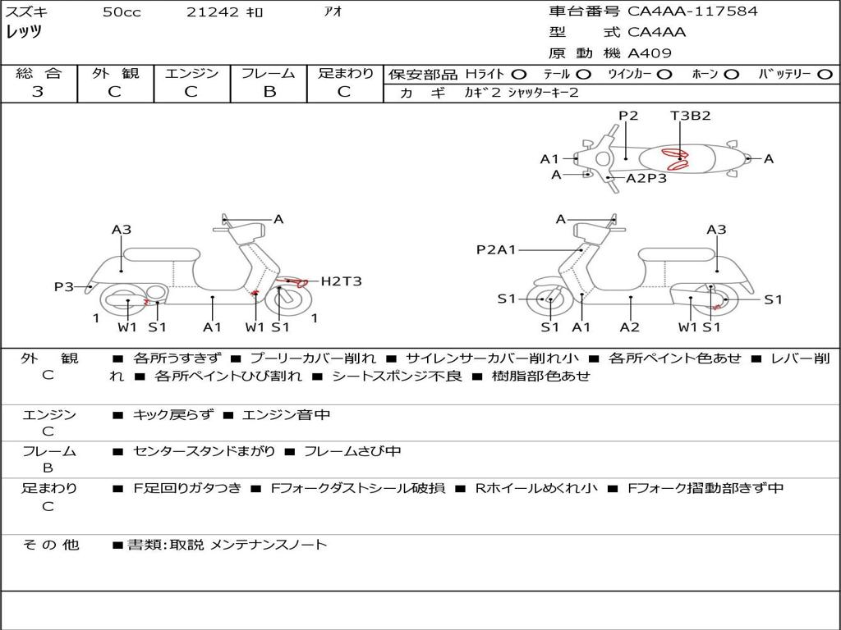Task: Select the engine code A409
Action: pyautogui.click(x=650, y=53)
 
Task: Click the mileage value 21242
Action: pyautogui.click(x=212, y=12)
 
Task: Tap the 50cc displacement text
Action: pyautogui.click(x=122, y=12)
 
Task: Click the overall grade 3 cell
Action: pyautogui.click(x=38, y=92)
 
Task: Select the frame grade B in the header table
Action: pyautogui.click(x=269, y=92)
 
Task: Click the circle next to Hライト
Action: pyautogui.click(x=519, y=74)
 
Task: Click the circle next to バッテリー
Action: pyautogui.click(x=825, y=74)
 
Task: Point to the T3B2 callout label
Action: pyautogui.click(x=690, y=116)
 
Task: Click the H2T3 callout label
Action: pyautogui.click(x=341, y=281)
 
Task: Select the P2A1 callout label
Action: pyautogui.click(x=496, y=249)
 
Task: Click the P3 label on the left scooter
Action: pyautogui.click(x=63, y=286)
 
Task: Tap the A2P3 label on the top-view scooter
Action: pyautogui.click(x=646, y=178)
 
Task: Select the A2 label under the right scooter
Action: pyautogui.click(x=630, y=327)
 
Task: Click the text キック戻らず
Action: pyautogui.click(x=171, y=415)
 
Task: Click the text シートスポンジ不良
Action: pyautogui.click(x=398, y=377)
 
